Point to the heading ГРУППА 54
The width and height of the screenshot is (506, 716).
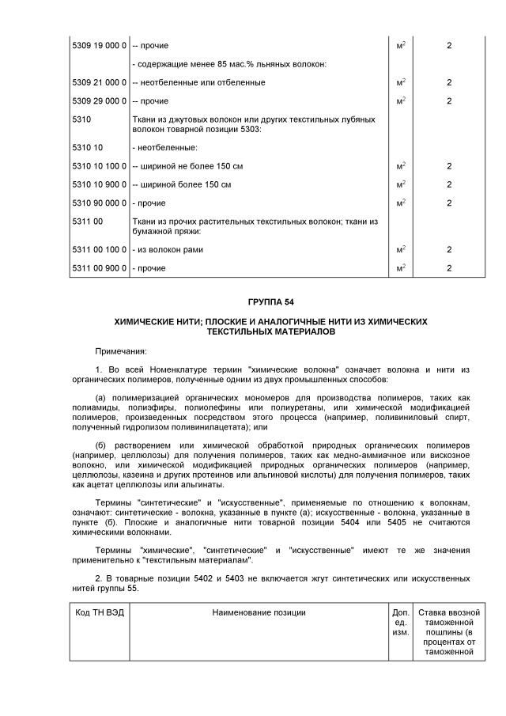[270, 301]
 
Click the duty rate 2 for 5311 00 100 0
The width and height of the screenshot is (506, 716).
[449, 250]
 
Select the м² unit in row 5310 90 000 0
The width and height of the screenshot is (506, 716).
[401, 203]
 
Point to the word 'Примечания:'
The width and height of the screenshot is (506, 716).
[121, 350]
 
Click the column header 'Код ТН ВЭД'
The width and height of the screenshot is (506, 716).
[100, 612]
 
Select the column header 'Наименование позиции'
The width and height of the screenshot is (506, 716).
[259, 612]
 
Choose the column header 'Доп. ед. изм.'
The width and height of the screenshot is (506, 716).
[400, 623]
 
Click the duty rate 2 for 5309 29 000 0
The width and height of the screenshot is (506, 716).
[449, 101]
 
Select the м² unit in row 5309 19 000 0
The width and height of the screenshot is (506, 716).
[401, 46]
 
